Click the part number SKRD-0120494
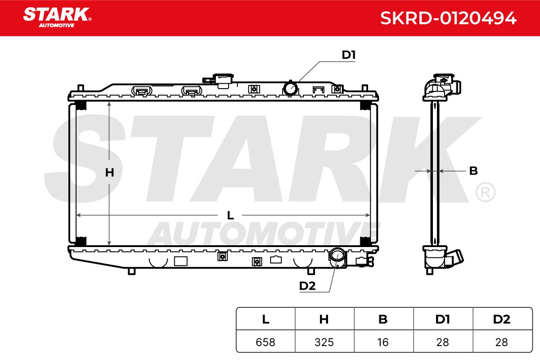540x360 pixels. click(x=448, y=18)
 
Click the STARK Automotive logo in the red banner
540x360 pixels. click(x=58, y=18)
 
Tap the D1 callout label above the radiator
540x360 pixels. click(x=349, y=55)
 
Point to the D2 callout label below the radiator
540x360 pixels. click(x=307, y=286)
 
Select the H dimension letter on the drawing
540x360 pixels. click(x=109, y=173)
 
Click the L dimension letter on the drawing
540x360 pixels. click(x=230, y=215)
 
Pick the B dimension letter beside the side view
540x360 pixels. click(x=473, y=171)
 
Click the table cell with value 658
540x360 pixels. click(x=265, y=342)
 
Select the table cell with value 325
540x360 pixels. click(x=324, y=342)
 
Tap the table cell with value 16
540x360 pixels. click(x=383, y=342)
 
